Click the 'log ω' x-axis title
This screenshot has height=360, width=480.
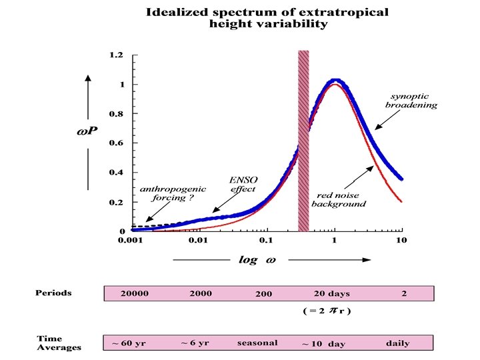(257, 260)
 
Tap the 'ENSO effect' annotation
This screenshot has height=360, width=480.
(243, 184)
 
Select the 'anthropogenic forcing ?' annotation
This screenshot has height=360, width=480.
(164, 193)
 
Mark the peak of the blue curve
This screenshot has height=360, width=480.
(335, 81)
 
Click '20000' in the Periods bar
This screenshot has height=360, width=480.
(135, 293)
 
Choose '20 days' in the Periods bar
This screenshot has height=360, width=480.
(331, 293)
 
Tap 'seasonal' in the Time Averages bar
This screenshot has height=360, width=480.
(257, 343)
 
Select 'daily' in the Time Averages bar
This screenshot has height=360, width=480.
(398, 343)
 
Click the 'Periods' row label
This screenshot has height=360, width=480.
(53, 293)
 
